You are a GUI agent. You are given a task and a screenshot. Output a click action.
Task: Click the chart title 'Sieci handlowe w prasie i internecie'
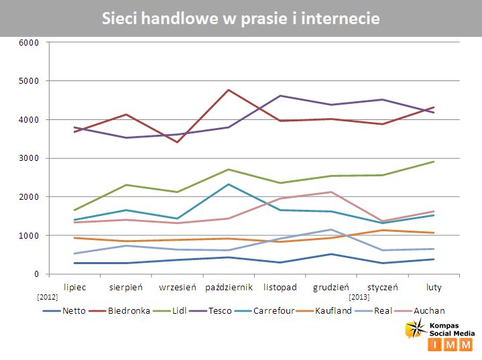tap(241, 18)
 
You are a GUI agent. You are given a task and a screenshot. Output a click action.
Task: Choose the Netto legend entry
tap(74, 310)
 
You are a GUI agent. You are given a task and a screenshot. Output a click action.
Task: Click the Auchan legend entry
tap(430, 310)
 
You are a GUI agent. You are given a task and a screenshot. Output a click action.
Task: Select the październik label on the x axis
tap(229, 286)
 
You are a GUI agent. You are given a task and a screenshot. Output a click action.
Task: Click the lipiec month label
tap(74, 286)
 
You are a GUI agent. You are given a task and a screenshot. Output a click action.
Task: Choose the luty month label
tap(434, 286)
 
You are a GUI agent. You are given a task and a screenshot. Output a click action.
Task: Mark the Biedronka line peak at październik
tap(229, 90)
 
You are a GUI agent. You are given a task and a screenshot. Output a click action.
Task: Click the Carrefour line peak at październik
tap(229, 184)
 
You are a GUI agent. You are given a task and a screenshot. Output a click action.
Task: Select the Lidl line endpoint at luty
tap(434, 162)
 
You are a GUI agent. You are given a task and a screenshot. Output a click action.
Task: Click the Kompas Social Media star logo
tap(414, 328)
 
